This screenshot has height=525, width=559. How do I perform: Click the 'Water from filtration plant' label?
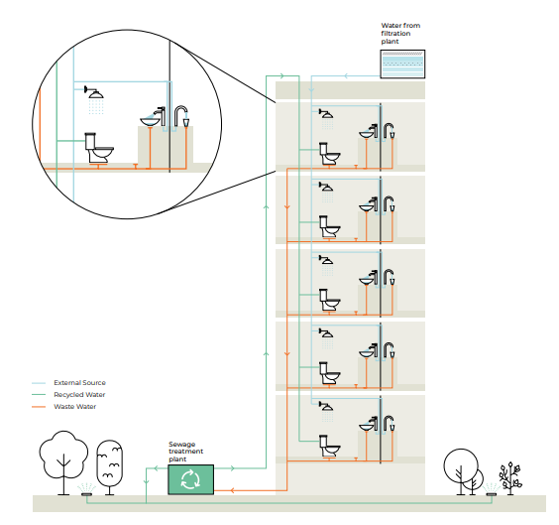click(x=400, y=33)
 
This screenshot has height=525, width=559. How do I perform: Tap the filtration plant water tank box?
click(x=402, y=64)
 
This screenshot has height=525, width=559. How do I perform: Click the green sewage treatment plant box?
click(x=190, y=479)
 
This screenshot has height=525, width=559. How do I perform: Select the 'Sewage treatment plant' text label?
click(x=185, y=452)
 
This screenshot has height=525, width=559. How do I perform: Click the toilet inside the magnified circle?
click(x=99, y=149)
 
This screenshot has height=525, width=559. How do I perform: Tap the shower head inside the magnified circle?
click(x=94, y=92)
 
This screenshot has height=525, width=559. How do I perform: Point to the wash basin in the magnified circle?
click(x=150, y=122)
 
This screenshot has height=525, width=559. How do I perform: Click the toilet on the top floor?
click(x=329, y=154)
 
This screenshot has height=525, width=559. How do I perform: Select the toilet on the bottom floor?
click(x=329, y=447)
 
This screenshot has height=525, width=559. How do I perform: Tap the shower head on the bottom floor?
click(x=326, y=406)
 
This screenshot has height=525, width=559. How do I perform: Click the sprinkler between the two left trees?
click(x=86, y=490)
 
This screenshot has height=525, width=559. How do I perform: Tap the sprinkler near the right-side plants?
click(x=492, y=490)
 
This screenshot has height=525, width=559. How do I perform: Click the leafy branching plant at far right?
click(x=510, y=478)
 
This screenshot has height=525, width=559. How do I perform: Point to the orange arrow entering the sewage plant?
click(x=231, y=490)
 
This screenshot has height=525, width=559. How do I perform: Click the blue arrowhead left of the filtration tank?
click(x=345, y=75)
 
